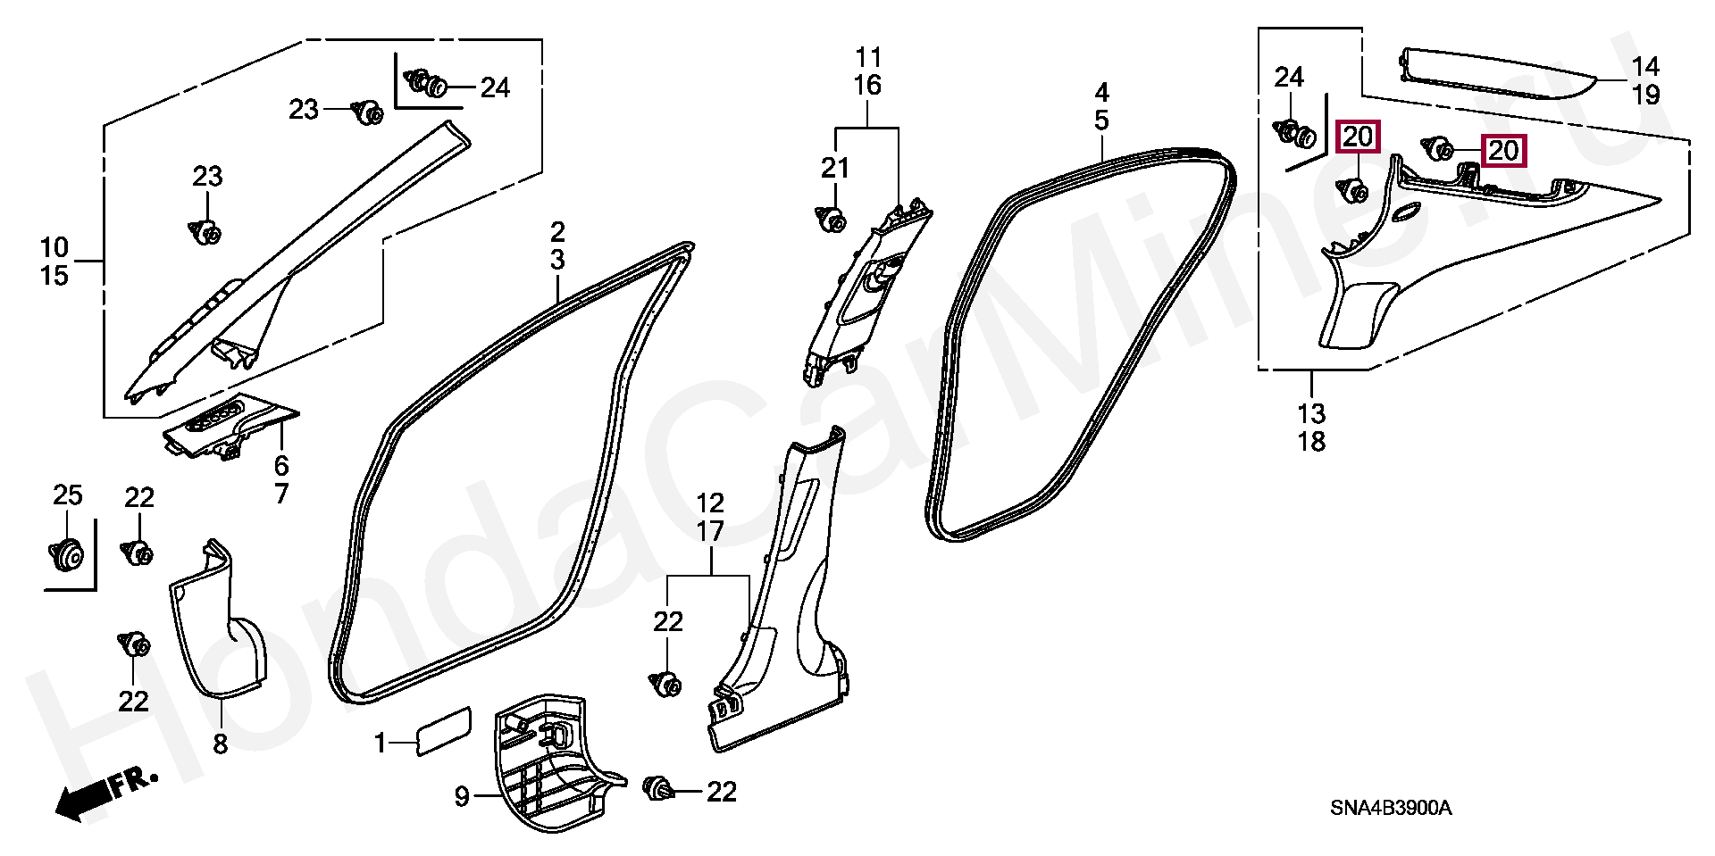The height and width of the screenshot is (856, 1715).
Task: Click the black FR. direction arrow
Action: point(105,794)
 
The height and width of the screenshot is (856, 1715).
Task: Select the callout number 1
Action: point(380,743)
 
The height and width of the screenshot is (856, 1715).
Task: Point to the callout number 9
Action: point(461,796)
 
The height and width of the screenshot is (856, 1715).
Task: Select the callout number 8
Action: point(221,744)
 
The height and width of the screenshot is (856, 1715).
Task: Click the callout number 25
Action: point(68,494)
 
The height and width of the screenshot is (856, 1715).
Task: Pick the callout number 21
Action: point(835,168)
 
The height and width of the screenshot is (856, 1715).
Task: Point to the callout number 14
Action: point(1645,66)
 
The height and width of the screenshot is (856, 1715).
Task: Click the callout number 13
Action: point(1312,414)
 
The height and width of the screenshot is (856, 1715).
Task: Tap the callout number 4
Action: point(1101,91)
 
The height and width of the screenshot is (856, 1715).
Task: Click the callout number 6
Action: point(281,465)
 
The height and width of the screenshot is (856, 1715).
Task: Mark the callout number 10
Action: point(54,246)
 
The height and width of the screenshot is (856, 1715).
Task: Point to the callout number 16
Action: point(867,86)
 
